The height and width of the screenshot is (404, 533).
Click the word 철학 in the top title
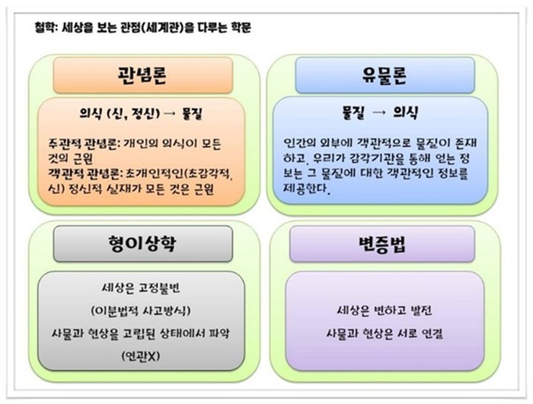coord(44,28)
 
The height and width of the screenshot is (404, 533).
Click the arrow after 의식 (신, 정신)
coord(170,114)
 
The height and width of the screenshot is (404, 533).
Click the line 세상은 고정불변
coord(141,289)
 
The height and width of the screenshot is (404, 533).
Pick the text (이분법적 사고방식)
coord(141,312)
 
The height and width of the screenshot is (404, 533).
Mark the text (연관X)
coord(141,356)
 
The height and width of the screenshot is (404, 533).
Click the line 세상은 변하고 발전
coord(385,311)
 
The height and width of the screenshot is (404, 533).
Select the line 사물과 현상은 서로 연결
coord(385,333)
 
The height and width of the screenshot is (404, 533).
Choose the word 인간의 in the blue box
coord(298,143)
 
